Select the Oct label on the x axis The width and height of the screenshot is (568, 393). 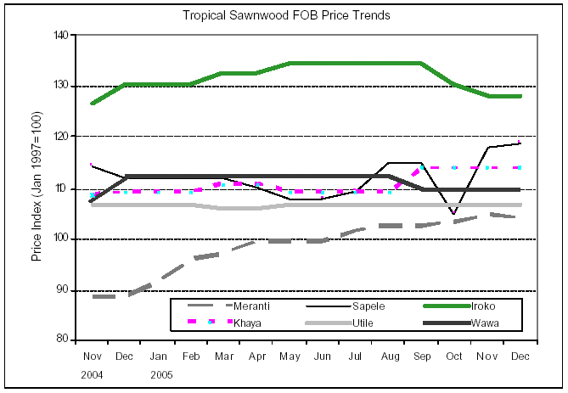(455, 357)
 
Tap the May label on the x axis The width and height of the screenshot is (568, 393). (290, 357)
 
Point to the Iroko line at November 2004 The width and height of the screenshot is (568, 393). (92, 104)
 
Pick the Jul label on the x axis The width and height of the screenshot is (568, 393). (356, 357)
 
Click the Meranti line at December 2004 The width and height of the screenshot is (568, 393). (125, 295)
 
